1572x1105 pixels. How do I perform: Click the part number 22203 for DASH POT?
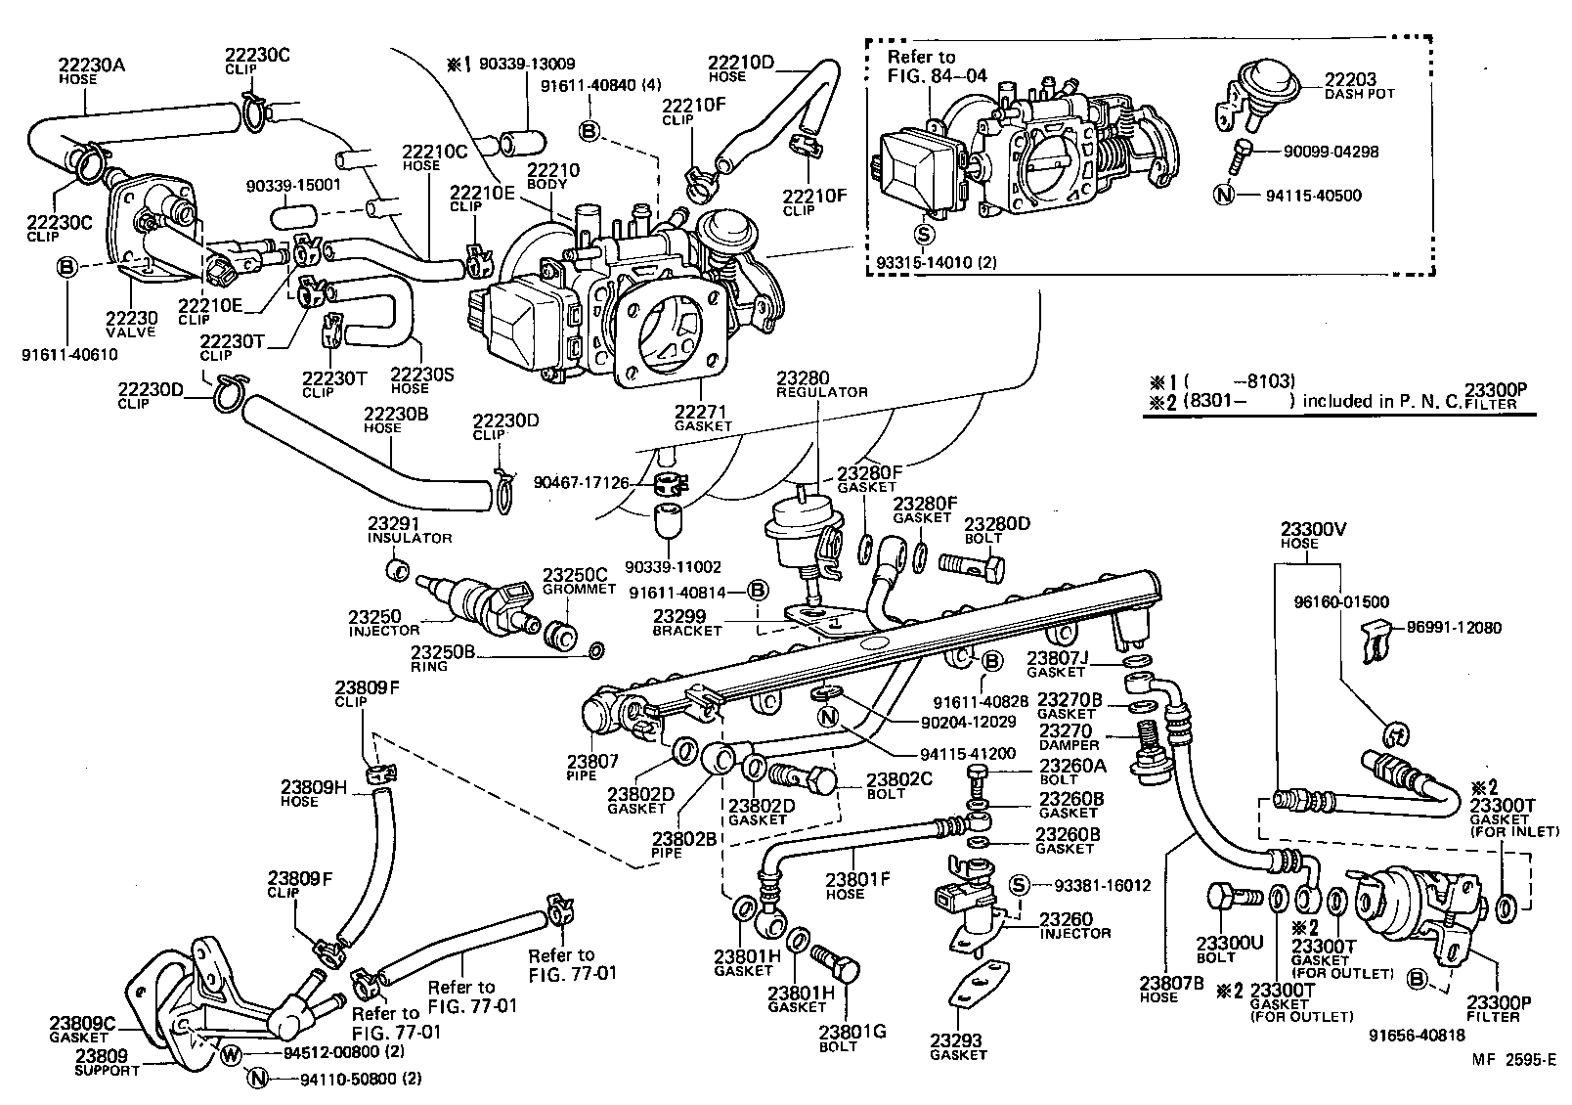click(1350, 79)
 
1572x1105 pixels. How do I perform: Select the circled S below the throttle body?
click(925, 234)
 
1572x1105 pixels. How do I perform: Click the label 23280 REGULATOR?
click(821, 384)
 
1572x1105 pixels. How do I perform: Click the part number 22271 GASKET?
click(701, 419)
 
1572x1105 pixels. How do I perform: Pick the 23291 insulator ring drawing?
click(398, 569)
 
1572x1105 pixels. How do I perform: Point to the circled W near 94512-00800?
click(231, 1054)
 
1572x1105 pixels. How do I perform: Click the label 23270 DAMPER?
click(1070, 737)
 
